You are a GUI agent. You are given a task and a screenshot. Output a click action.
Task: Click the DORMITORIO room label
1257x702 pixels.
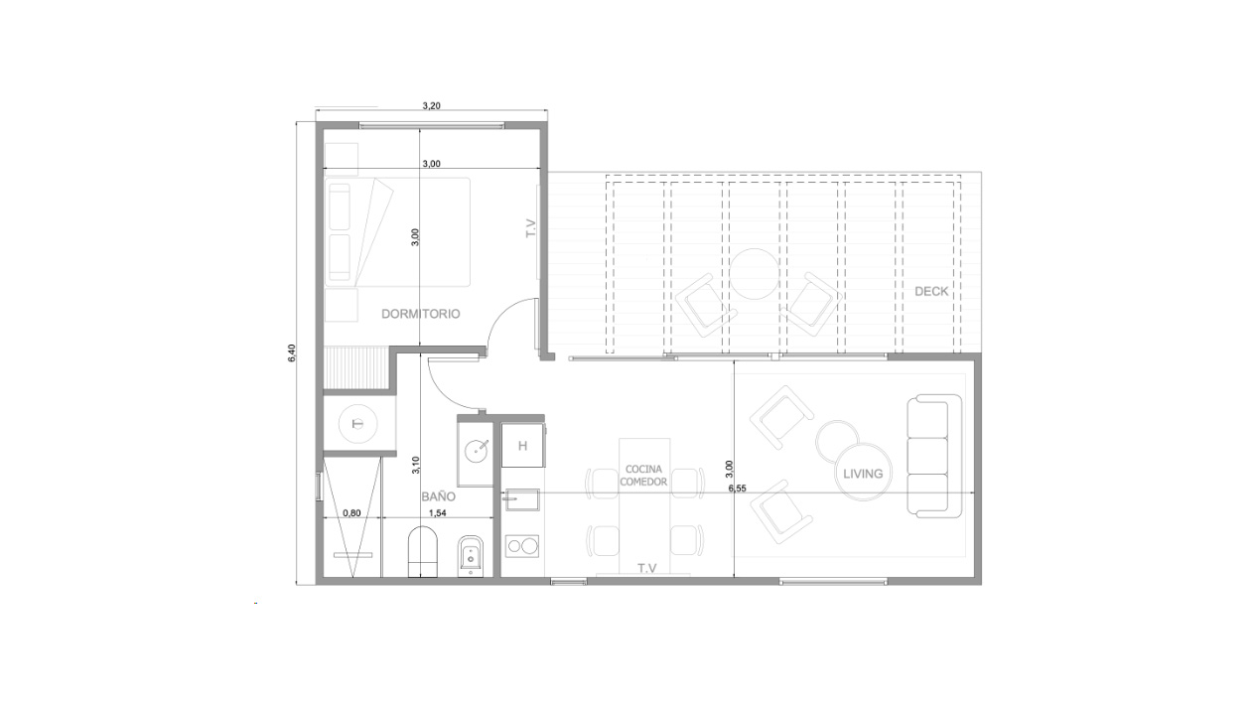[x=420, y=314]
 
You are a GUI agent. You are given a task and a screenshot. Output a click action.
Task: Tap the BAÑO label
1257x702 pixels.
[x=438, y=496]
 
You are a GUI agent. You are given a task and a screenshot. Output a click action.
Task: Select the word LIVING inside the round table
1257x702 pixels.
[x=863, y=474]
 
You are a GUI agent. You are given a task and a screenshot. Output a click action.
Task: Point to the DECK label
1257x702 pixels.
[x=931, y=291]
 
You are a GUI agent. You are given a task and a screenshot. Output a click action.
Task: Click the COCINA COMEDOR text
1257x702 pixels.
[x=643, y=476]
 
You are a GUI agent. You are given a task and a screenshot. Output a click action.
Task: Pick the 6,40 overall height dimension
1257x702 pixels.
[x=291, y=352]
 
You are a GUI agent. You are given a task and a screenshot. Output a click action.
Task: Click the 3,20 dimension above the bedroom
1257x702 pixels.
[x=431, y=105]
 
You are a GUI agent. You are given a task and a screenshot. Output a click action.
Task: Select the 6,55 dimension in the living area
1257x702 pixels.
[x=738, y=489]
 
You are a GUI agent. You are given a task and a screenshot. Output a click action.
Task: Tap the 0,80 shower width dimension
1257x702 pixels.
[x=351, y=513]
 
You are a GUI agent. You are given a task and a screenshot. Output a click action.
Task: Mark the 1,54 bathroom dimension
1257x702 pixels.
[x=437, y=513]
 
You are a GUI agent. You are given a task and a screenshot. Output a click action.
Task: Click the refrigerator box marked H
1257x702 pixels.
[x=522, y=446]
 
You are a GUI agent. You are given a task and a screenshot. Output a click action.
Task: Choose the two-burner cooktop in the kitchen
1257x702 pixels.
[x=522, y=546]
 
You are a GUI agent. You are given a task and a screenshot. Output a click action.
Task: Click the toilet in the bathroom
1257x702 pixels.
[x=423, y=552]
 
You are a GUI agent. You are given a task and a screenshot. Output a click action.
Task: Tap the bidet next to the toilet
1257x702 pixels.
[x=471, y=554]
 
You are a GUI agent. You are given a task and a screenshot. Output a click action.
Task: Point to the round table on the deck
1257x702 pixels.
[x=755, y=274]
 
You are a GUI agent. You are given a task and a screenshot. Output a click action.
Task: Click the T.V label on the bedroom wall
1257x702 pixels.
[x=531, y=228]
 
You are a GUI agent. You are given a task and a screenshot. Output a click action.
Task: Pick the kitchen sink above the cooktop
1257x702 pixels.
[x=522, y=499]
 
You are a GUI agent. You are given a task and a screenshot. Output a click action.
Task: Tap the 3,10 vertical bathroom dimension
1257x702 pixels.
[x=416, y=466]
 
